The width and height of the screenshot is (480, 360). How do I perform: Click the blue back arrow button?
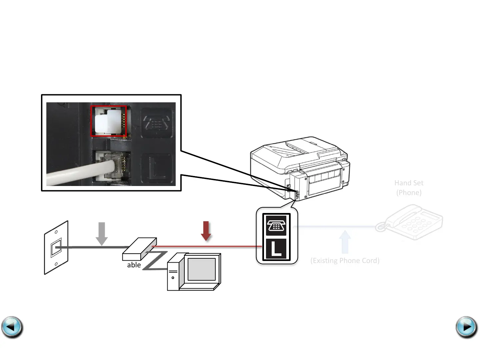pos(12,327)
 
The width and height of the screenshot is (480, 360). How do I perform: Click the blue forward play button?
pos(466,327)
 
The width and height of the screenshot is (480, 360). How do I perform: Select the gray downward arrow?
pos(102,234)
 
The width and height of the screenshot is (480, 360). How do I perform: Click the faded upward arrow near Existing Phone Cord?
pos(345,242)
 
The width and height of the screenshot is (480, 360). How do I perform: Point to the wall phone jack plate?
pos(56,248)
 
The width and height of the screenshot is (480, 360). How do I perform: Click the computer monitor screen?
pos(201,269)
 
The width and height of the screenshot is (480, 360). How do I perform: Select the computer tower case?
pos(173,274)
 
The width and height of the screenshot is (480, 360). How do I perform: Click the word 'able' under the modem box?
pos(134,265)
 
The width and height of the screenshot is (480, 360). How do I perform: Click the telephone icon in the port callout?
pos(276,225)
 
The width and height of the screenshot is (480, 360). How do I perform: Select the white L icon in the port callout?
pos(276,249)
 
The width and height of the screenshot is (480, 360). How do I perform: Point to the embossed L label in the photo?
pos(157,168)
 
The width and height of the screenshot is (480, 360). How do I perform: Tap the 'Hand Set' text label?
pos(409,183)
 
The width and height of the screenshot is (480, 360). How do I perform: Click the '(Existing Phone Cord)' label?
pos(345,261)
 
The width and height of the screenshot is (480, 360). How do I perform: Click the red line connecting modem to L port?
pos(207,247)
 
